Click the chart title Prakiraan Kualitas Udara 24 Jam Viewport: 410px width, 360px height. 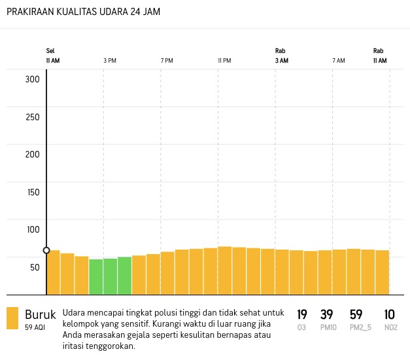84,12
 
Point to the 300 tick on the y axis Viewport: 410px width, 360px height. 33,80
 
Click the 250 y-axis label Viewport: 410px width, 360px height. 33,118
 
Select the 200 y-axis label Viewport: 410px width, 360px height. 33,155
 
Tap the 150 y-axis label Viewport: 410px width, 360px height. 33,192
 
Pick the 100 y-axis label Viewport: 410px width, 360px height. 33,230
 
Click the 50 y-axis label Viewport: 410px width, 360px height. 35,267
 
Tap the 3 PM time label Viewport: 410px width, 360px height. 110,61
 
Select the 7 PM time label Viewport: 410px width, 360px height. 167,61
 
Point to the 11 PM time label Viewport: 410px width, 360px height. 224,61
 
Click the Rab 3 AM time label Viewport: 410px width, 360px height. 281,56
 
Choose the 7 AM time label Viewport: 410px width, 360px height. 338,61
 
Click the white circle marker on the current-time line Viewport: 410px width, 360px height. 46,250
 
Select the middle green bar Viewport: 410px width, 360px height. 110,276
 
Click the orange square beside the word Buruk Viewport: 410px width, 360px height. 12,318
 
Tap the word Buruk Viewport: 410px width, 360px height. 41,314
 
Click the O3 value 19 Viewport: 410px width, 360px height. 302,315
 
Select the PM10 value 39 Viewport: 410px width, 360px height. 327,315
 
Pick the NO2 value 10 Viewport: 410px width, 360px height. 390,315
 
